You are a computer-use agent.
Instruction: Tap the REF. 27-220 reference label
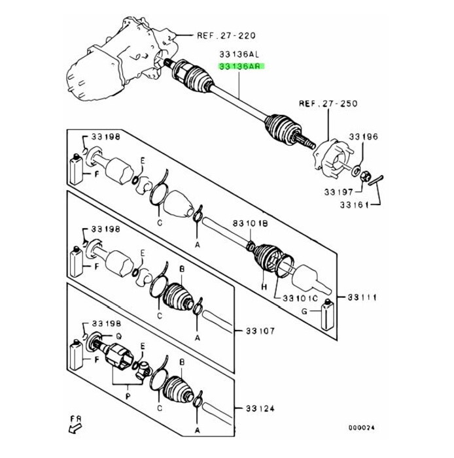[x=226, y=35]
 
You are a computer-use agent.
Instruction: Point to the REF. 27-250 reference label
[x=328, y=103]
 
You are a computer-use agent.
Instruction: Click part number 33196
[x=363, y=137]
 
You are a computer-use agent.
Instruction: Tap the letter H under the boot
[x=264, y=287]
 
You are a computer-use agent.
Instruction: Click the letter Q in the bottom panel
[x=119, y=336]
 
